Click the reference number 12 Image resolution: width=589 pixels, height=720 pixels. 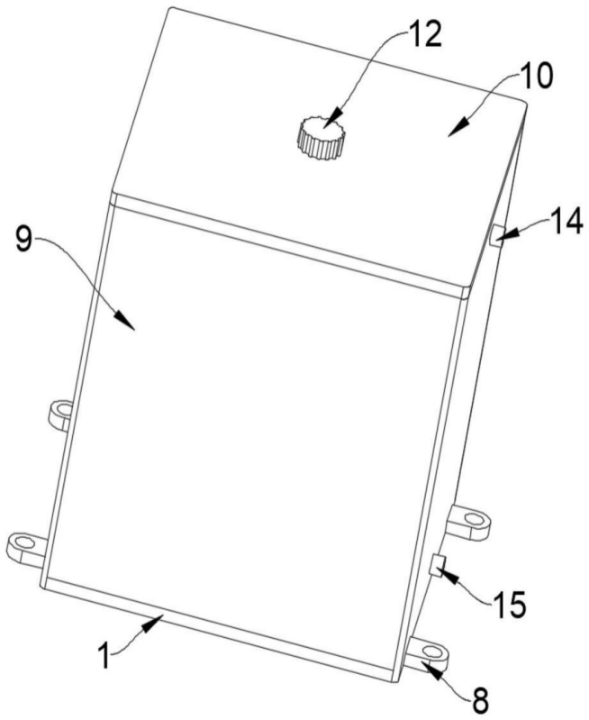425,34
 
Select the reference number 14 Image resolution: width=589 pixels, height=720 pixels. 566,222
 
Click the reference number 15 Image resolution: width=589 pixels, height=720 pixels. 509,604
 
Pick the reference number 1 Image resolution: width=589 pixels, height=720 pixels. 105,656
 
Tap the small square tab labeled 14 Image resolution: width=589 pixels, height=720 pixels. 496,235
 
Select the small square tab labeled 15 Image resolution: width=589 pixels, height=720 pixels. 437,565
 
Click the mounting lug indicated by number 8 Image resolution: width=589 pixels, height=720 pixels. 429,654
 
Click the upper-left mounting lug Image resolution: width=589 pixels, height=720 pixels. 60,415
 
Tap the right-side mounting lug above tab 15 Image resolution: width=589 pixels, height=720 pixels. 469,523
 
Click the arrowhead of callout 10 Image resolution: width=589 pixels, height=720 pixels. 458,127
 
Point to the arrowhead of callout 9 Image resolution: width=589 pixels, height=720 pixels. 125,320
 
